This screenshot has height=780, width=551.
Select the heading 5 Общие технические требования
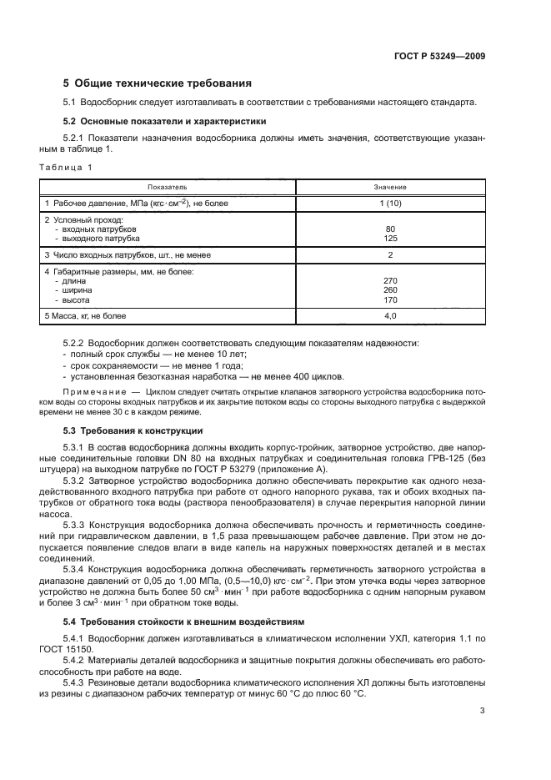(158, 83)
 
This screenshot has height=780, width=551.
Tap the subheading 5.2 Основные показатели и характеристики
(164, 121)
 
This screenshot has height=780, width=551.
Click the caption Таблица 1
(66, 168)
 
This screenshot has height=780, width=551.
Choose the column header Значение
(389, 189)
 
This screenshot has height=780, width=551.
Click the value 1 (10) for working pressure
(390, 203)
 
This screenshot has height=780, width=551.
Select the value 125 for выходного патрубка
(390, 238)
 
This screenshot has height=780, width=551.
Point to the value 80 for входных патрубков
(390, 229)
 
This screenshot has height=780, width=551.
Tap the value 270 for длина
(390, 281)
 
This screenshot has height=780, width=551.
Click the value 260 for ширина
(390, 290)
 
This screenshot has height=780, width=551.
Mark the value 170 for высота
(390, 299)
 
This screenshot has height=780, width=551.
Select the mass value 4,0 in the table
(390, 316)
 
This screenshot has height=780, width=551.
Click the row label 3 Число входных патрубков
(128, 255)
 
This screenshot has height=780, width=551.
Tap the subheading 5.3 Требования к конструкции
(133, 430)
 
